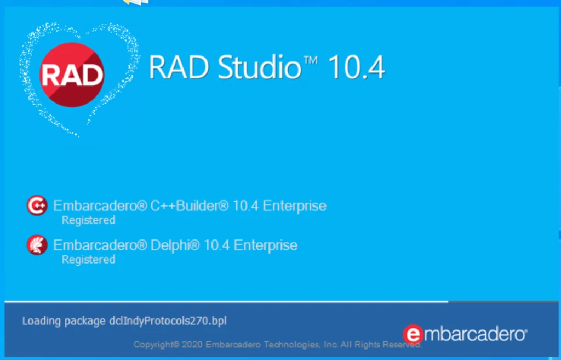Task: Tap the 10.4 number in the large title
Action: pyautogui.click(x=356, y=68)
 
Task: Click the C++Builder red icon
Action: pyautogui.click(x=37, y=206)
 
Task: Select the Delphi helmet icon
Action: pyautogui.click(x=37, y=245)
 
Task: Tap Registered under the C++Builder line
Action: pyautogui.click(x=88, y=220)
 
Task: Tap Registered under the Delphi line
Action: pyautogui.click(x=88, y=259)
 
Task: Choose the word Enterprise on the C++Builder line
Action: pyautogui.click(x=294, y=206)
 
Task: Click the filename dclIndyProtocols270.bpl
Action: pyautogui.click(x=165, y=321)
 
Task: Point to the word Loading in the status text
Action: pyautogui.click(x=39, y=321)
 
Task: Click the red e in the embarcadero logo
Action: pyautogui.click(x=413, y=334)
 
